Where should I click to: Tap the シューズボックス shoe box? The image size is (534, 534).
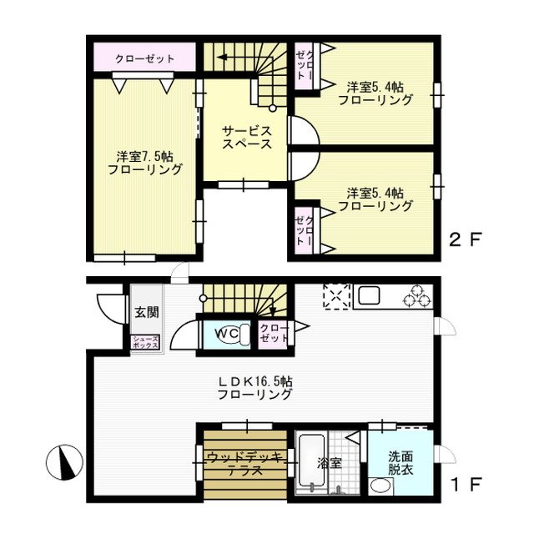[144, 342]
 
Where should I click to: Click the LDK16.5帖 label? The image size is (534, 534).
[255, 386]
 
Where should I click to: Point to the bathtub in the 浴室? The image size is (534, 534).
[314, 464]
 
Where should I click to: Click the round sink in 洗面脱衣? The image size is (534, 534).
[380, 486]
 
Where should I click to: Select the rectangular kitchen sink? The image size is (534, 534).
[369, 296]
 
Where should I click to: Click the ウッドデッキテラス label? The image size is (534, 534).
[245, 463]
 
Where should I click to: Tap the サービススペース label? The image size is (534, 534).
[246, 137]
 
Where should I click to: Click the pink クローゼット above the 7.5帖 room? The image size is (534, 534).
[144, 58]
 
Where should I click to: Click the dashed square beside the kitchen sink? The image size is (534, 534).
[335, 296]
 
